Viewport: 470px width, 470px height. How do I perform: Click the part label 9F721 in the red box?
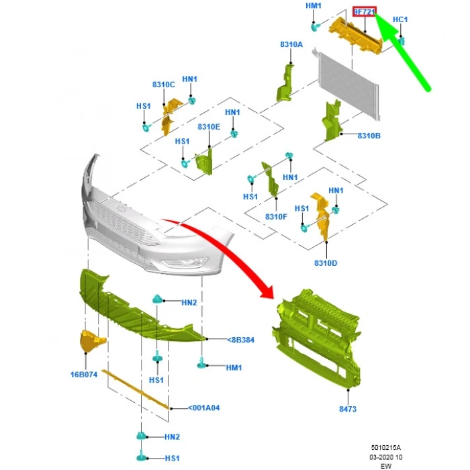click(365, 12)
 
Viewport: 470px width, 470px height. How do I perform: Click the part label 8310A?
click(291, 44)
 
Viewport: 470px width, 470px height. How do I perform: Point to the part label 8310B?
click(369, 136)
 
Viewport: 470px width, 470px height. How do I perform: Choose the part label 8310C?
click(163, 85)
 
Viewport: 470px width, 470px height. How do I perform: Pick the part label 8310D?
click(326, 263)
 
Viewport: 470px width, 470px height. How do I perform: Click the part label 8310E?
click(209, 127)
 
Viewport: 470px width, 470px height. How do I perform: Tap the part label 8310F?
click(276, 217)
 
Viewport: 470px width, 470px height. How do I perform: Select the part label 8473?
click(348, 408)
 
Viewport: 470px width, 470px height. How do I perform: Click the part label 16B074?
click(83, 374)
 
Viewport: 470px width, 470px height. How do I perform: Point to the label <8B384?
click(240, 340)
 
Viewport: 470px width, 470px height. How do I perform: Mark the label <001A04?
click(204, 408)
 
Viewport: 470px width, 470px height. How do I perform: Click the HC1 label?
click(399, 19)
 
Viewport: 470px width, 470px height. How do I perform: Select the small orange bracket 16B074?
click(91, 341)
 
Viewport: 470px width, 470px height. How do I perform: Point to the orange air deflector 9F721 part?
click(356, 36)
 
